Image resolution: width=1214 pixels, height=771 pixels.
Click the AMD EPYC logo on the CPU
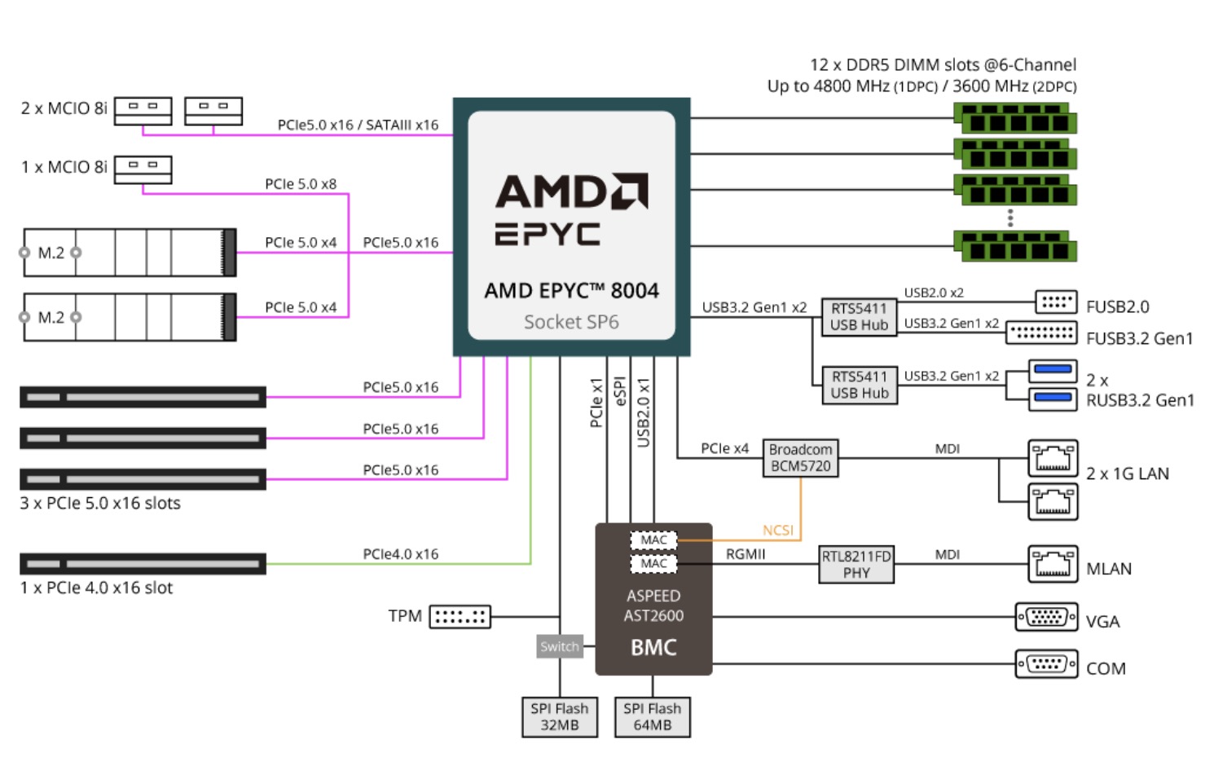[571, 209]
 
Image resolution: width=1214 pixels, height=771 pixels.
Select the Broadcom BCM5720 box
[800, 458]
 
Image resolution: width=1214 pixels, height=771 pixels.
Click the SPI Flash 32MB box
[559, 717]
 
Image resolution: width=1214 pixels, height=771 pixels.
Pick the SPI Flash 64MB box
[652, 717]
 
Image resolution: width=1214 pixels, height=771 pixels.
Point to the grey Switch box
[560, 646]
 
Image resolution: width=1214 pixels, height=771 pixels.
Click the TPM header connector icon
[460, 617]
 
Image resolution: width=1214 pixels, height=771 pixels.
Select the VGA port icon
[1046, 617]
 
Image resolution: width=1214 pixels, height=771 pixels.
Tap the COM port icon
[1046, 664]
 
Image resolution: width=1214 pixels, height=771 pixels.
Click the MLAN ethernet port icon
[1053, 564]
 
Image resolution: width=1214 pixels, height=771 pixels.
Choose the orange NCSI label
[777, 531]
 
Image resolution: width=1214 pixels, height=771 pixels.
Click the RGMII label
[746, 554]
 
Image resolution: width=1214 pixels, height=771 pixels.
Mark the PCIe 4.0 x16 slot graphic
[143, 564]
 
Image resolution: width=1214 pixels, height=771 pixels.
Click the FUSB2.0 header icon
[1056, 302]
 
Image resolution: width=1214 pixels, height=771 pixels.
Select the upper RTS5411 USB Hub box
[859, 316]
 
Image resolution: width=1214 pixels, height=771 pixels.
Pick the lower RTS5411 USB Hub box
[859, 385]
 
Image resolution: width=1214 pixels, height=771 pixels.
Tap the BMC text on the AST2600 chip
[653, 647]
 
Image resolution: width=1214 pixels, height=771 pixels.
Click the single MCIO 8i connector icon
[143, 170]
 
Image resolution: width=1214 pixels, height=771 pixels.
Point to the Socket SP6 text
[571, 322]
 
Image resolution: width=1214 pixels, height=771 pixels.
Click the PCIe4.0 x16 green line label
[400, 554]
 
